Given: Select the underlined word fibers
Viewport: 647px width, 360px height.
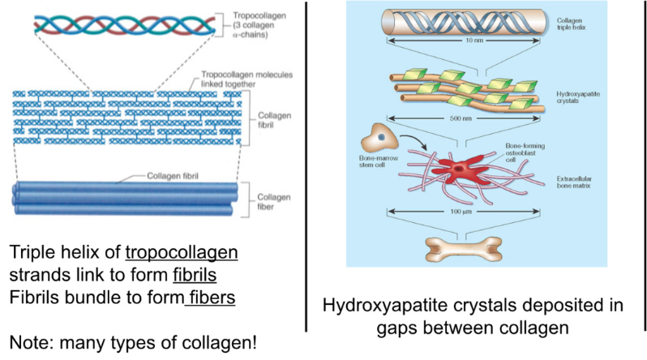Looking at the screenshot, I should coord(211,298).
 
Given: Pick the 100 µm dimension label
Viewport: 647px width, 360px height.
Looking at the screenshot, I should coord(459,212).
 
